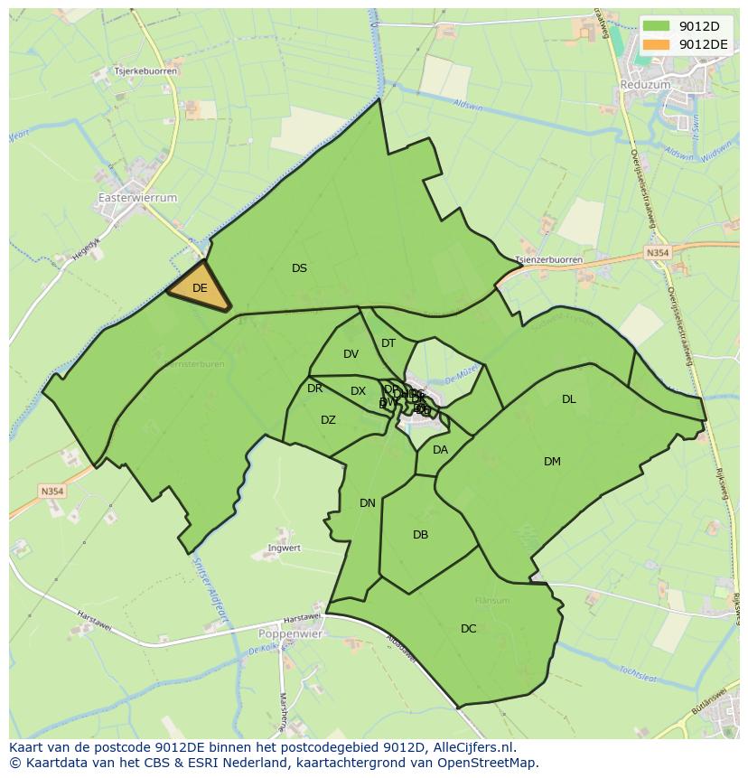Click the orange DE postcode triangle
pos(200,289)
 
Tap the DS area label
pos(299,268)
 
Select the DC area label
pos(468,629)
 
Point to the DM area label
pos(552,462)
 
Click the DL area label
pos(568,399)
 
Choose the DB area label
pos(420,535)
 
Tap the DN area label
pos(367,503)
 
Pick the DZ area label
pos(328,420)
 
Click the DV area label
pos(351,354)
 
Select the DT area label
pos(388,343)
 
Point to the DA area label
pos(440,450)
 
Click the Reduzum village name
pos(645,84)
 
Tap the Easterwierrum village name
pos(137,197)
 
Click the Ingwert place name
pos(284,548)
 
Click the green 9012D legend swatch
pos(656,25)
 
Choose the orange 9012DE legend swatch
pos(656,43)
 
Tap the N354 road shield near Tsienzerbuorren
pos(658,254)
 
